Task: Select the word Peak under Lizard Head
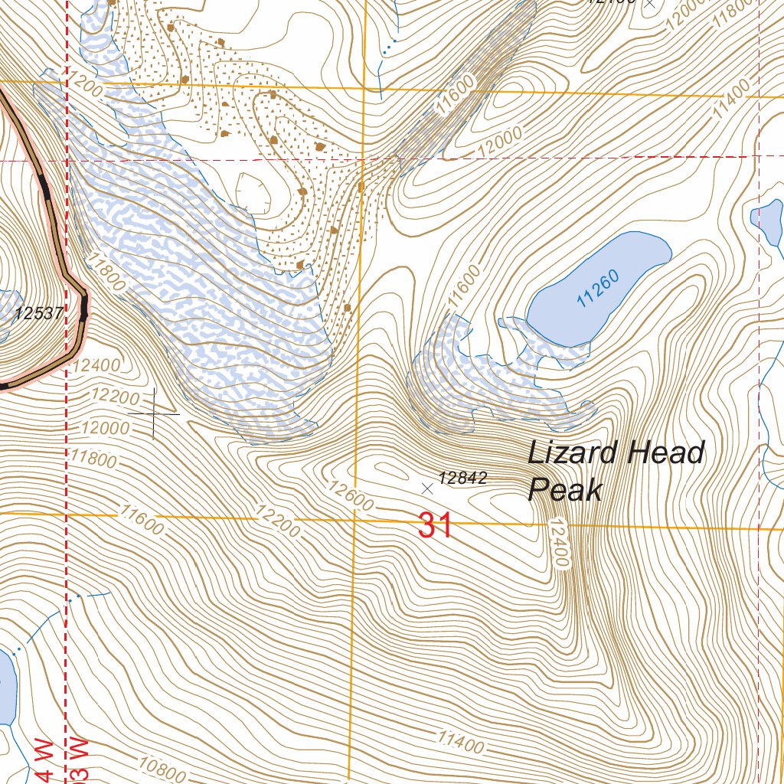(565, 489)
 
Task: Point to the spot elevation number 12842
(464, 479)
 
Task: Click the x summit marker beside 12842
(427, 488)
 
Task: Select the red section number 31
(435, 527)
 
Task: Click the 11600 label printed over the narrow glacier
(458, 95)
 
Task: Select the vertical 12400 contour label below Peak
(559, 543)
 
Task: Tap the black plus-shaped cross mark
(154, 413)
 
